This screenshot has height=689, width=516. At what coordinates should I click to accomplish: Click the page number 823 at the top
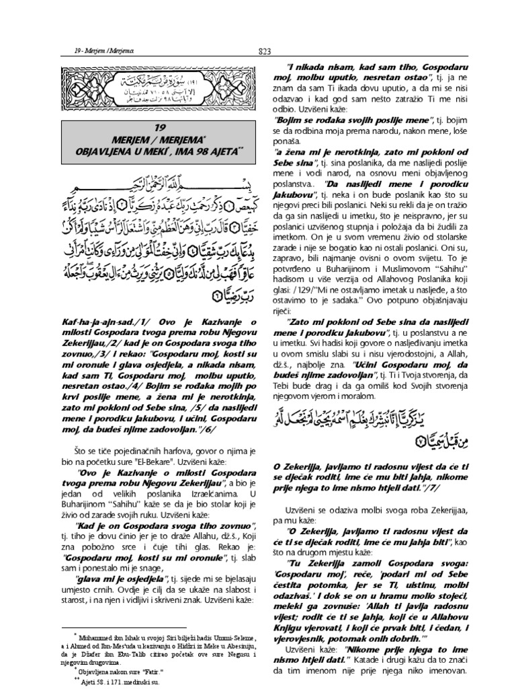(263, 49)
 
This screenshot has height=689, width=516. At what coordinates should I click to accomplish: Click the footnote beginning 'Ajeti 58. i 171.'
(117, 681)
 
